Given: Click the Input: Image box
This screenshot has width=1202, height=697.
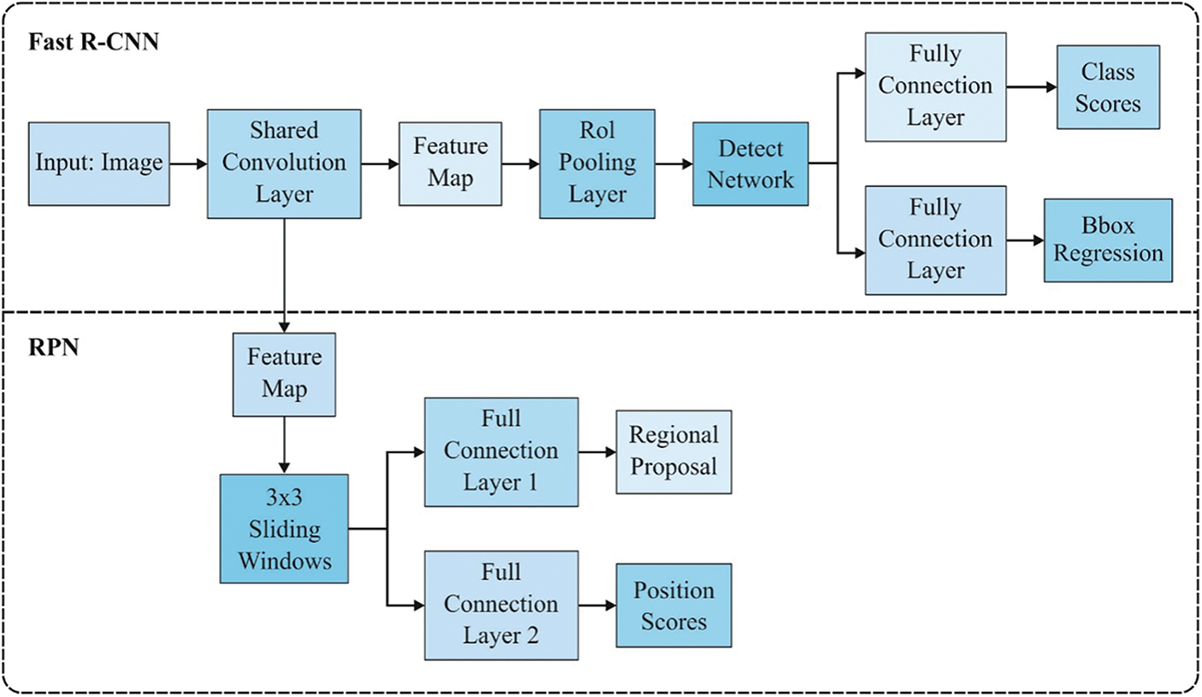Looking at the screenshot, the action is click(99, 163).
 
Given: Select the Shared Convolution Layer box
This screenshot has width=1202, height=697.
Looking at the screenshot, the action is click(284, 163).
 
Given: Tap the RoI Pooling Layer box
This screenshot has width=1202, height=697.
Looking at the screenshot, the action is click(597, 163).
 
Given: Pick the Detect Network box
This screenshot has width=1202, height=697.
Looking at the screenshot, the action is click(750, 163).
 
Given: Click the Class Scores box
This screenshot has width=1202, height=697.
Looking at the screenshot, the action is click(1109, 87).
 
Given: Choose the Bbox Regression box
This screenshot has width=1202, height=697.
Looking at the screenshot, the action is click(1109, 240).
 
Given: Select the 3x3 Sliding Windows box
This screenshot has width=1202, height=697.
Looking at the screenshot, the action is click(284, 529).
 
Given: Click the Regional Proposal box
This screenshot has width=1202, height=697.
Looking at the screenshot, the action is click(674, 452).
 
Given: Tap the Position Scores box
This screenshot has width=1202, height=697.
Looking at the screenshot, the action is click(674, 605).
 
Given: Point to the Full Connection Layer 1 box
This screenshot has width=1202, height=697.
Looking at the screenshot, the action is click(501, 452).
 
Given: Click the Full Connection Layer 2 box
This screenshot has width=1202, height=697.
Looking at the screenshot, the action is click(501, 605).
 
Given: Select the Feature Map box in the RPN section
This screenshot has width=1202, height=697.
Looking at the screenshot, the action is click(284, 375).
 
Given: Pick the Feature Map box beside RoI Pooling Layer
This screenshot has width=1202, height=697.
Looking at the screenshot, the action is click(451, 163).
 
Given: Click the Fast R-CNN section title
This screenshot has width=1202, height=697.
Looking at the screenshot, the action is click(94, 42).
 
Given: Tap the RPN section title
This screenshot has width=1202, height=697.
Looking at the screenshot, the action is click(54, 347).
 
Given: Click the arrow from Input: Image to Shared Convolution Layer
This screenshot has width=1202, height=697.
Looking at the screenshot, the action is click(189, 163).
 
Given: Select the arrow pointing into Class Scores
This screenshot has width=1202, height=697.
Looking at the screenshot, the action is click(1032, 87).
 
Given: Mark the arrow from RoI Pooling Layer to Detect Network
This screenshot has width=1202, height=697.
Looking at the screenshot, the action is click(674, 163).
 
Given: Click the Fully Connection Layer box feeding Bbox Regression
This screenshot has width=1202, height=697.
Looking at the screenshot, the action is click(936, 240).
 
